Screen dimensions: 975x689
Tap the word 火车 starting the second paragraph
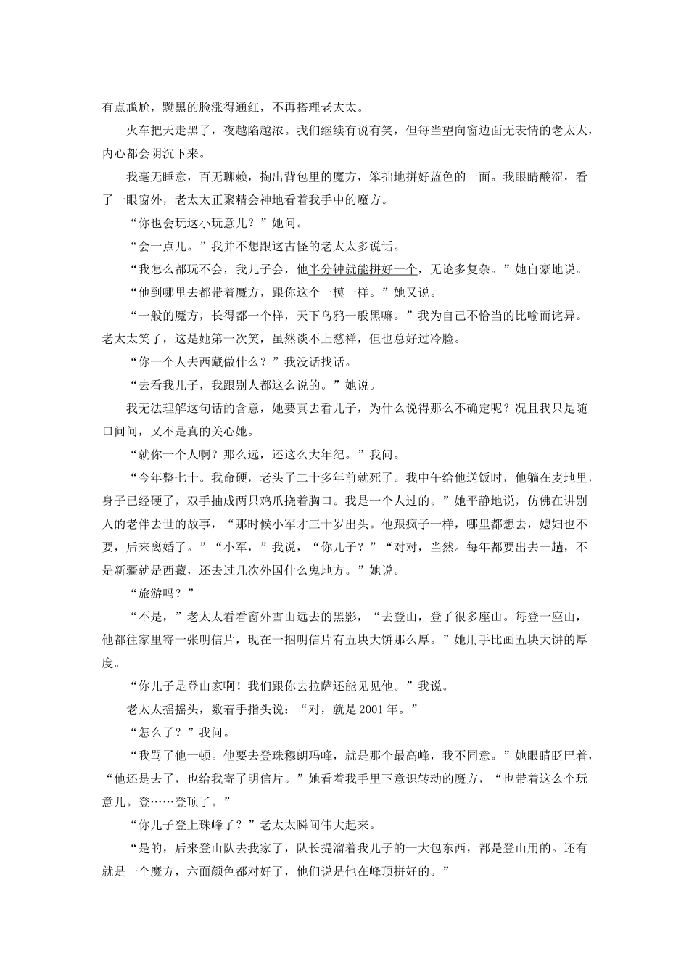point(139,131)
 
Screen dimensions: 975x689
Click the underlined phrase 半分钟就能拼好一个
point(363,269)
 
